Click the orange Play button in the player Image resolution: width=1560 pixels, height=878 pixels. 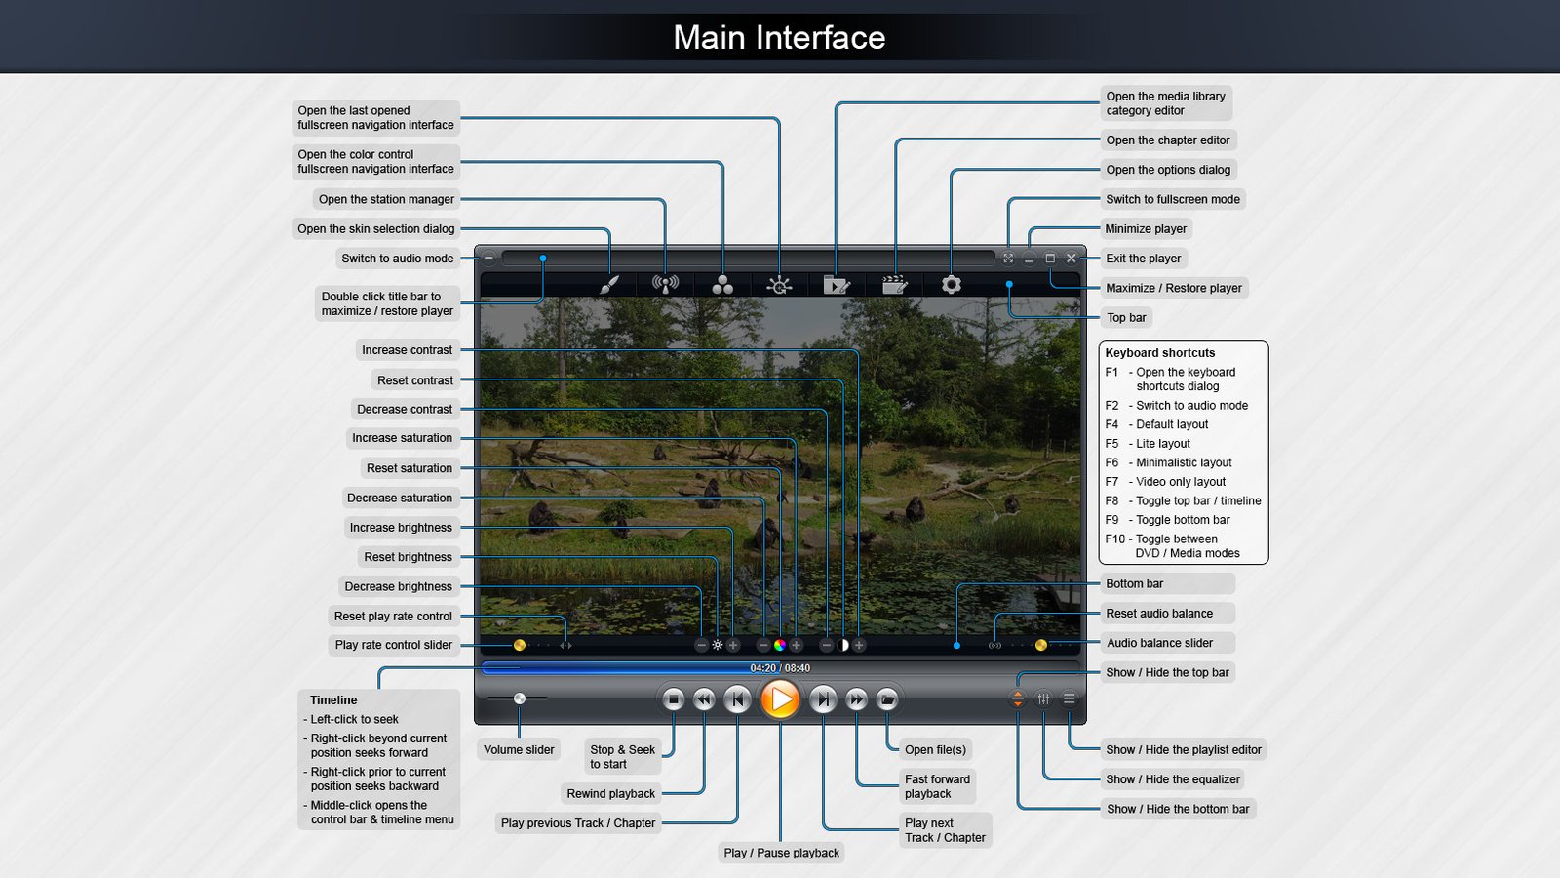click(x=780, y=699)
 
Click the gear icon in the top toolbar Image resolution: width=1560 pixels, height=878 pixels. click(x=952, y=284)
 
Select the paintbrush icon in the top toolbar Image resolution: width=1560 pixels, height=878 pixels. click(x=608, y=284)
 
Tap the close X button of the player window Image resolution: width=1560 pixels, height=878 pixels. click(x=1071, y=259)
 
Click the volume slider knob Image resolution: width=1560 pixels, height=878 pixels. click(x=520, y=698)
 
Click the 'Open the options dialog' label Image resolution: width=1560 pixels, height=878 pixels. click(x=1167, y=170)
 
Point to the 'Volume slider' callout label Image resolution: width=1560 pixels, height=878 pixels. click(x=519, y=750)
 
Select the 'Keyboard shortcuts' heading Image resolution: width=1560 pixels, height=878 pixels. click(x=1160, y=353)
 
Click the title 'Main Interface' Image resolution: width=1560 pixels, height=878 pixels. click(x=779, y=37)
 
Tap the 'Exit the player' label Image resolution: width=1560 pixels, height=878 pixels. click(x=1143, y=259)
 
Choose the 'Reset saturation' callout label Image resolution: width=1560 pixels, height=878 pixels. click(x=409, y=468)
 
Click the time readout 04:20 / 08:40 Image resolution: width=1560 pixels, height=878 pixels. click(x=780, y=668)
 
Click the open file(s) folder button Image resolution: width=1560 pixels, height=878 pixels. click(x=887, y=699)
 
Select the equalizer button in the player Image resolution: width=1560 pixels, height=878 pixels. click(x=1043, y=698)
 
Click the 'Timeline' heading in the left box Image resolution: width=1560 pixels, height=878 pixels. click(x=333, y=700)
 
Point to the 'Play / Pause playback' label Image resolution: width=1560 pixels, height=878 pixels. click(x=781, y=853)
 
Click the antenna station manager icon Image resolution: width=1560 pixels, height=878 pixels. click(x=665, y=284)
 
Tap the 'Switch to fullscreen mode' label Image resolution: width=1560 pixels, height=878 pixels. click(x=1173, y=199)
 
